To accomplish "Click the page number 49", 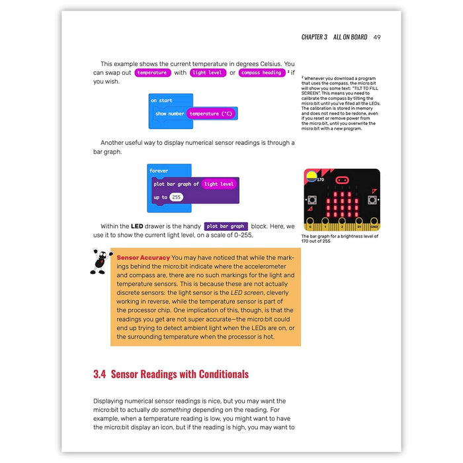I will click(x=376, y=37).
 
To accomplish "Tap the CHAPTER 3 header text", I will click(x=314, y=37).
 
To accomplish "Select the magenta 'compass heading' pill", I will click(x=262, y=73).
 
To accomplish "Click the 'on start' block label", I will click(x=161, y=101).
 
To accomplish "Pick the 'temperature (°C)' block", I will click(x=212, y=114).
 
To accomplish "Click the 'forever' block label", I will click(x=159, y=171).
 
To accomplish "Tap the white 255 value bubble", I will click(x=176, y=197).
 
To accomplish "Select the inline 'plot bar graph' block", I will click(x=226, y=226).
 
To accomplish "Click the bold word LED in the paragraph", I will click(x=136, y=226).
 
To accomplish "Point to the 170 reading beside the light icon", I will click(x=320, y=179).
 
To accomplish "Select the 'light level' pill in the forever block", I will click(x=219, y=184).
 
